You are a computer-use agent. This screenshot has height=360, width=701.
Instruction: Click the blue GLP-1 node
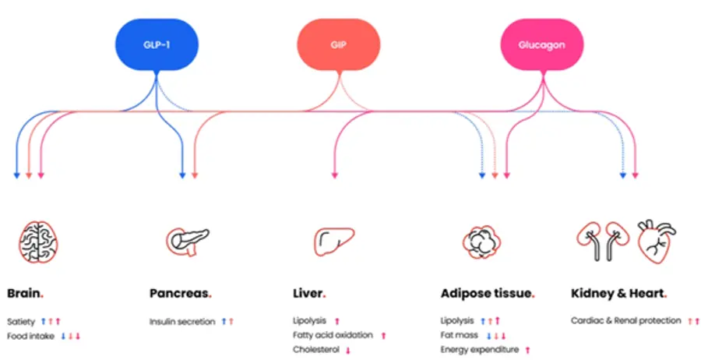point(157,44)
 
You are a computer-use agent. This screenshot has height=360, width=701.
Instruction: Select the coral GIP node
point(339,44)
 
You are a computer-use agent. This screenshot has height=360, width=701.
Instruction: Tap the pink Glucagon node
point(542,44)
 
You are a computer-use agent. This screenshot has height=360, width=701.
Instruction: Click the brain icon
point(38,242)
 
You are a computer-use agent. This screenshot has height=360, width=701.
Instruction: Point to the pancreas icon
point(188,242)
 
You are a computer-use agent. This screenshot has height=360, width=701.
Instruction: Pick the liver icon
point(334,242)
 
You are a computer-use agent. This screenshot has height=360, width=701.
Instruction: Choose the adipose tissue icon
point(481,242)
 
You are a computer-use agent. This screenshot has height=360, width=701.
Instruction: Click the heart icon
point(657,242)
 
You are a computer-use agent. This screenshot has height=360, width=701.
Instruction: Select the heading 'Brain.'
point(25,294)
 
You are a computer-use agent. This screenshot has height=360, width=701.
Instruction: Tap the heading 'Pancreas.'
point(181,294)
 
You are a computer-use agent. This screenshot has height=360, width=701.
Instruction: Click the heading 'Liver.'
point(309,294)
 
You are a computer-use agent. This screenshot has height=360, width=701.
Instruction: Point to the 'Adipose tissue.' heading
point(488,294)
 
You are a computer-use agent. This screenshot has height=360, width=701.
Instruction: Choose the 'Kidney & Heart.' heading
point(619,294)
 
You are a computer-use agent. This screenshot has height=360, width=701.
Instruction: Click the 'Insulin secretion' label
point(182,322)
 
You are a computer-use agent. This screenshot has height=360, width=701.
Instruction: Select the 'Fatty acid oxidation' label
point(333,335)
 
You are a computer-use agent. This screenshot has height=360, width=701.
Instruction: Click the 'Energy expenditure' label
point(480,349)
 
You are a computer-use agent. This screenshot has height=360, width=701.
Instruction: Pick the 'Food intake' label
point(31,336)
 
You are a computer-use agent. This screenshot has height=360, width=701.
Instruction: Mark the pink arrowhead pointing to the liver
point(334,176)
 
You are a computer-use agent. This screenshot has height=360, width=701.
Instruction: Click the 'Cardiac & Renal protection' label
point(626,320)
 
